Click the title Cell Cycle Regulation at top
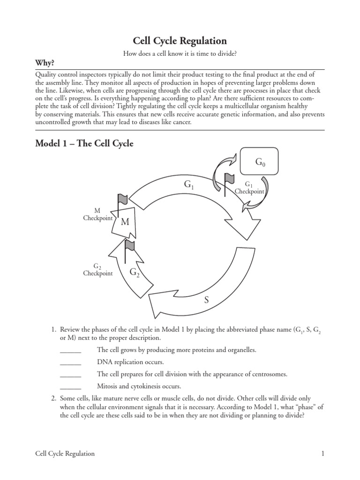[180, 41]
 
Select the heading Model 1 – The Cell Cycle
[84, 144]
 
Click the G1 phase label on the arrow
[189, 185]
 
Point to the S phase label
[206, 300]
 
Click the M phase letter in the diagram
[125, 222]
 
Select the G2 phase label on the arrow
[135, 272]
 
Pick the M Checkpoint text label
[97, 215]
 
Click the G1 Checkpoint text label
[249, 188]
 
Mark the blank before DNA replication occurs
[71, 362]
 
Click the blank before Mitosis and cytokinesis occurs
[71, 387]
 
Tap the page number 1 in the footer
[323, 453]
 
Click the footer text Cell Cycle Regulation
[65, 453]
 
